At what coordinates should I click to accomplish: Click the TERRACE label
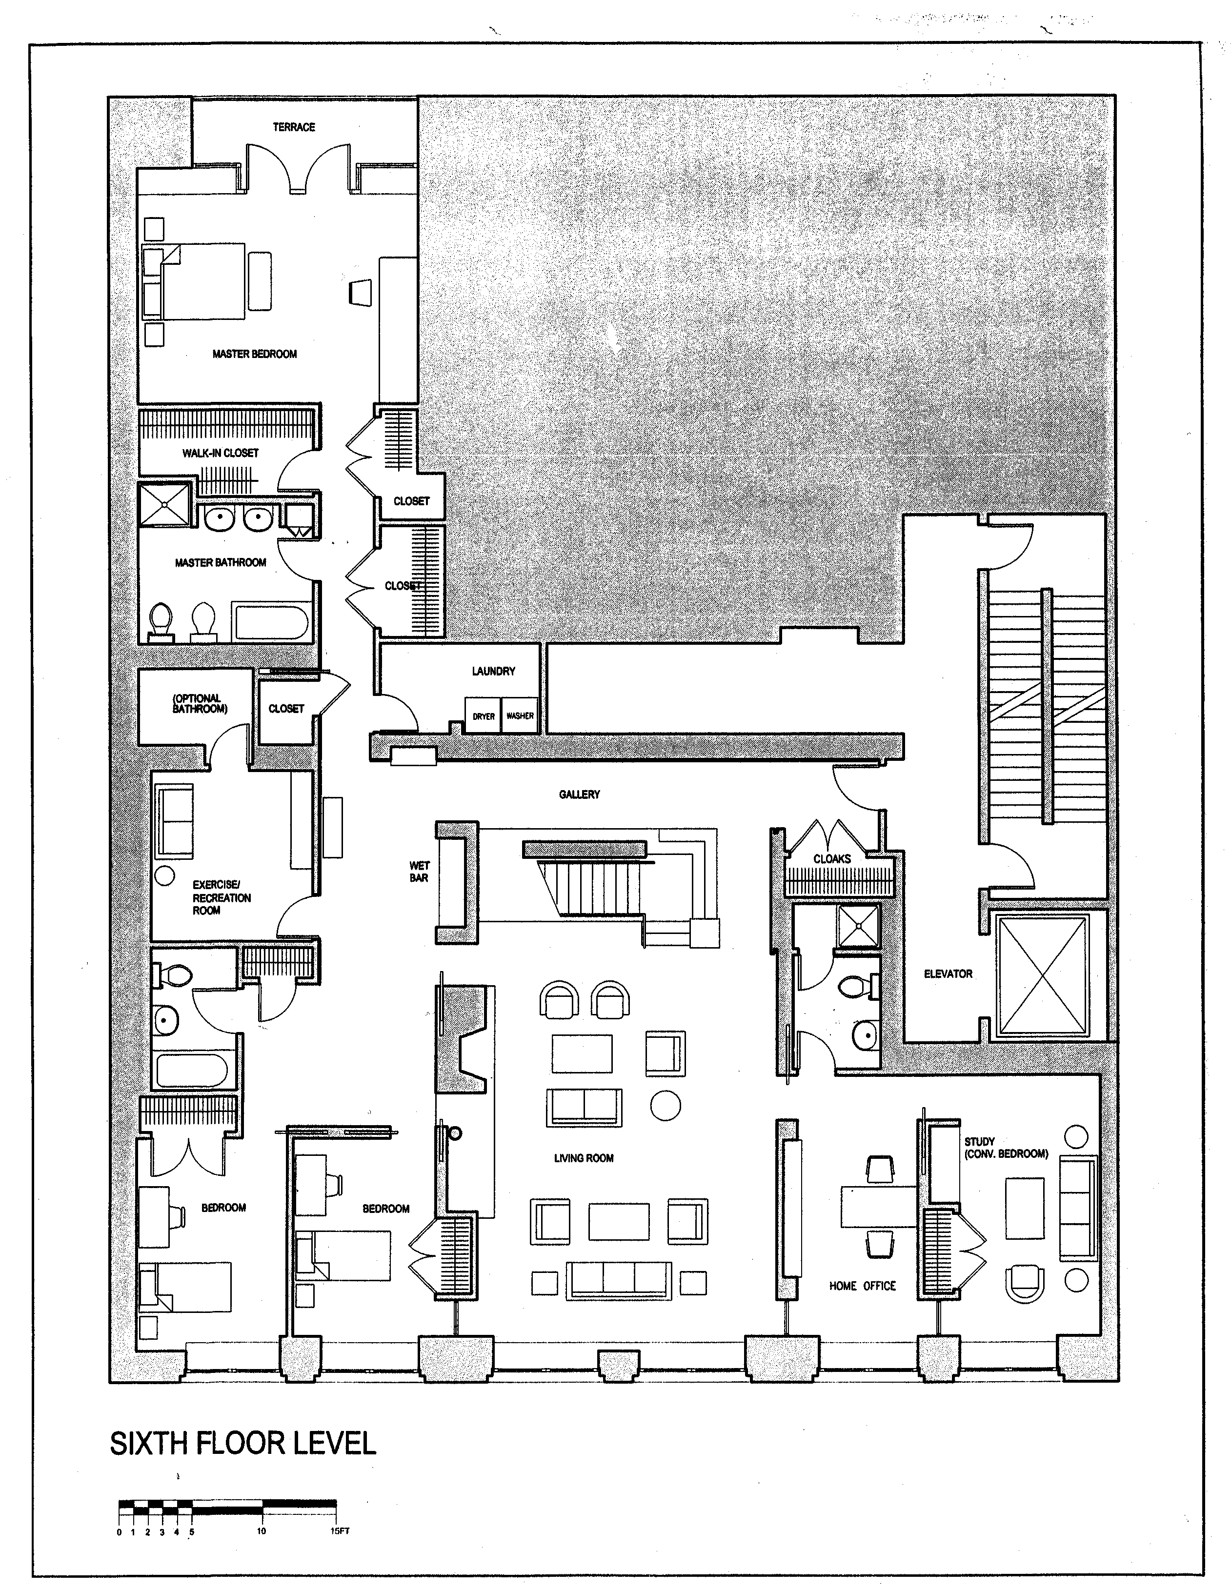[x=294, y=127]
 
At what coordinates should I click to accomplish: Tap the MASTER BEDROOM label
[x=255, y=354]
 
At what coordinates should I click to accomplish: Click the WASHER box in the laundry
[x=520, y=716]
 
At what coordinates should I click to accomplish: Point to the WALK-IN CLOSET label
[x=221, y=453]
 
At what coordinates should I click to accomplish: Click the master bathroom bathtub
[x=271, y=622]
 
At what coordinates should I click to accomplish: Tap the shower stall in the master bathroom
[x=164, y=502]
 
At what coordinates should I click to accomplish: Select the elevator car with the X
[x=1043, y=975]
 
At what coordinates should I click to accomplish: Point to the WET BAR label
[x=419, y=872]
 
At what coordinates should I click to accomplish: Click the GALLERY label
[x=579, y=794]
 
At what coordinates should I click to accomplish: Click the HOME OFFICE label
[x=862, y=1286]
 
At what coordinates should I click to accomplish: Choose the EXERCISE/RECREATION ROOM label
[x=221, y=897]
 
